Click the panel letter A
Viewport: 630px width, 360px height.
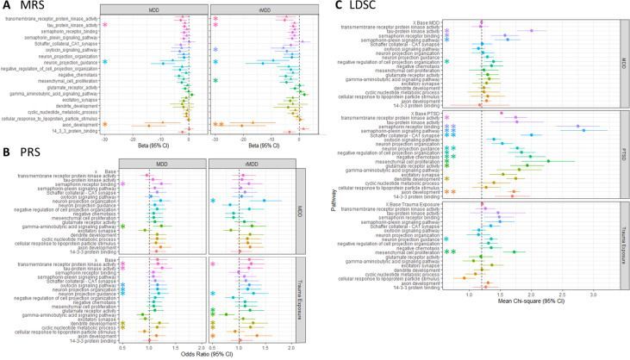pyautogui.click(x=7, y=6)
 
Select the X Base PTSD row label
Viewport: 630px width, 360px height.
pyautogui.click(x=438, y=112)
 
